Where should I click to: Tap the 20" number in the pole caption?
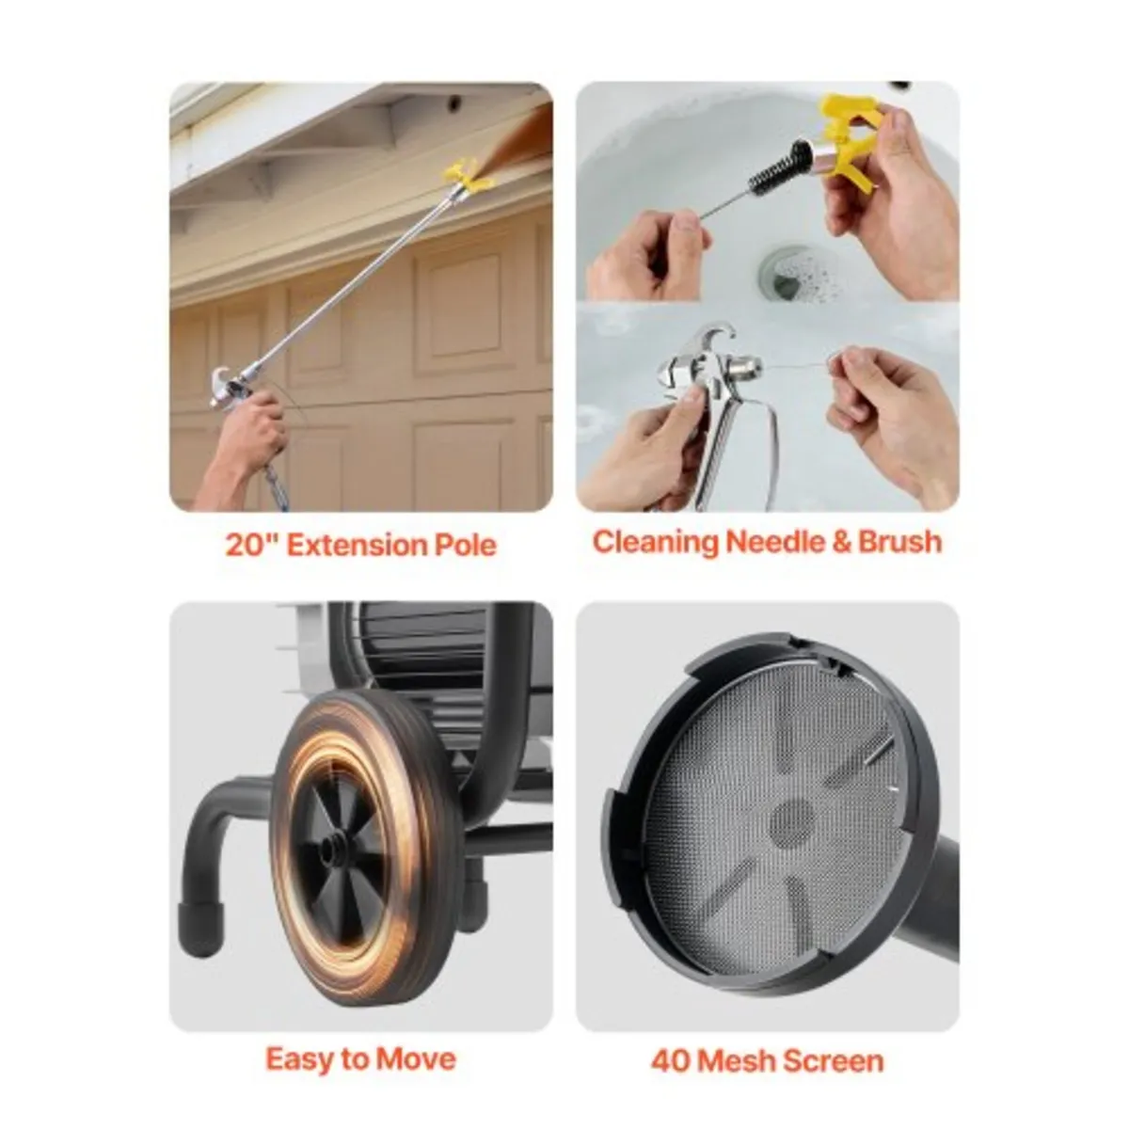tap(250, 545)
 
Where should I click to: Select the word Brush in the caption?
tap(899, 542)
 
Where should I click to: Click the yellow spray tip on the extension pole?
tap(468, 174)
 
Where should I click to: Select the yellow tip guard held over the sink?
tap(851, 141)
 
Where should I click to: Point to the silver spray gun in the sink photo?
tap(715, 376)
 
